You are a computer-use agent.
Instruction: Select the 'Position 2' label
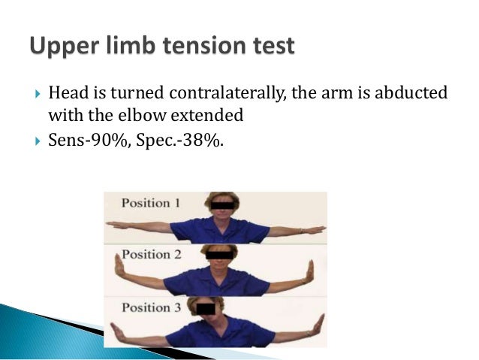151,254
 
